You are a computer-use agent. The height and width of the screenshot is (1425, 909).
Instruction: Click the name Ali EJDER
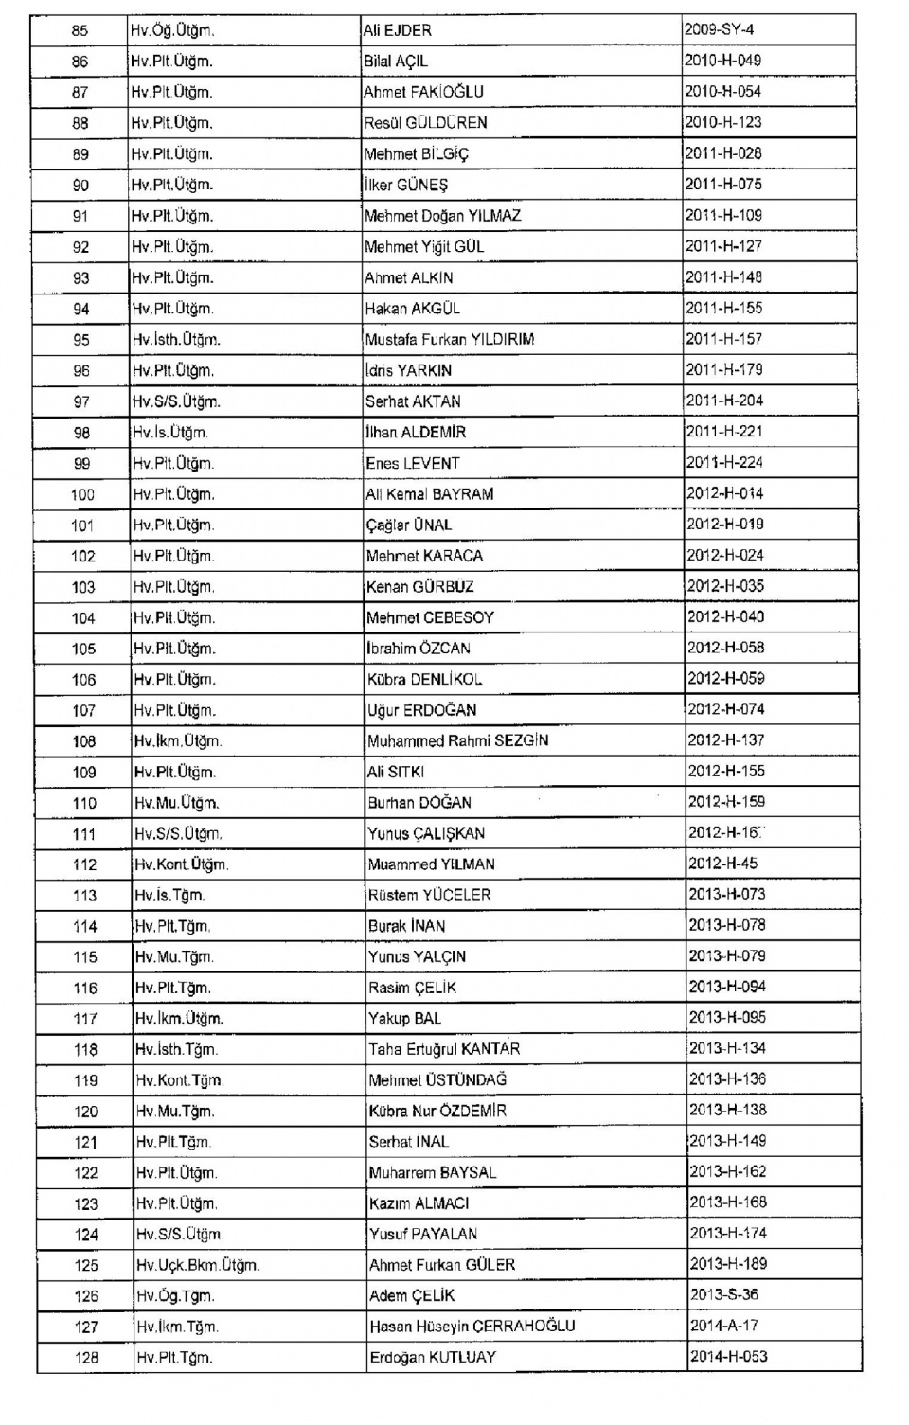[x=398, y=30]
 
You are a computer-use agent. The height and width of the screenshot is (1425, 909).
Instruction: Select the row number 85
[x=80, y=30]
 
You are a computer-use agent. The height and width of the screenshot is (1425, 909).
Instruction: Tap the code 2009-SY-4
[x=720, y=29]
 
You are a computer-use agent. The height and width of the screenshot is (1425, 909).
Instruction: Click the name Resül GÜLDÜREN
[x=426, y=123]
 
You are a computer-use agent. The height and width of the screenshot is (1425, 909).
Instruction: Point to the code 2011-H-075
[x=723, y=185]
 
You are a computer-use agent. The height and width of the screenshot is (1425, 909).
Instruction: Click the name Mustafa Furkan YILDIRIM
[x=450, y=339]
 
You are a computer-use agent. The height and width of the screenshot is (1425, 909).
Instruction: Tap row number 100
[x=82, y=494]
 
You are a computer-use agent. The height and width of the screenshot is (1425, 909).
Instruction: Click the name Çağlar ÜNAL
[x=409, y=525]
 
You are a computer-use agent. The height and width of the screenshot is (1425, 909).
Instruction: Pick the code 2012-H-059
[x=726, y=679]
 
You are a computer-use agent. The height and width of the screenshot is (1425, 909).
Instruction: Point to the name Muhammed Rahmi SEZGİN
[x=458, y=740]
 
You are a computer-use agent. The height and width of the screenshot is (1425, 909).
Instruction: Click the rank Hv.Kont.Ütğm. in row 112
[x=181, y=864]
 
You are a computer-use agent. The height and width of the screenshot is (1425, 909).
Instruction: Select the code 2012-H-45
[x=722, y=864]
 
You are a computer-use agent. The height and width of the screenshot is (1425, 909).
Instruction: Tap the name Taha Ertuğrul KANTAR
[x=444, y=1049]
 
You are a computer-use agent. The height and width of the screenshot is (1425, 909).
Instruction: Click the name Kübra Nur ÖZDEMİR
[x=437, y=1111]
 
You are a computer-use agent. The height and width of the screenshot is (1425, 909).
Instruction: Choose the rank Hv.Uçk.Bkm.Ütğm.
[x=197, y=1265]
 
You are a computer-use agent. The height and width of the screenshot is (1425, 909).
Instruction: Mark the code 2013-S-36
[x=724, y=1294]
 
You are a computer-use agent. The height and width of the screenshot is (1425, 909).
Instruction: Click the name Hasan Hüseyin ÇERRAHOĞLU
[x=472, y=1327]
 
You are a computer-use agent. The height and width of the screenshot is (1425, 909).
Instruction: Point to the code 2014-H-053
[x=729, y=1357]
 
